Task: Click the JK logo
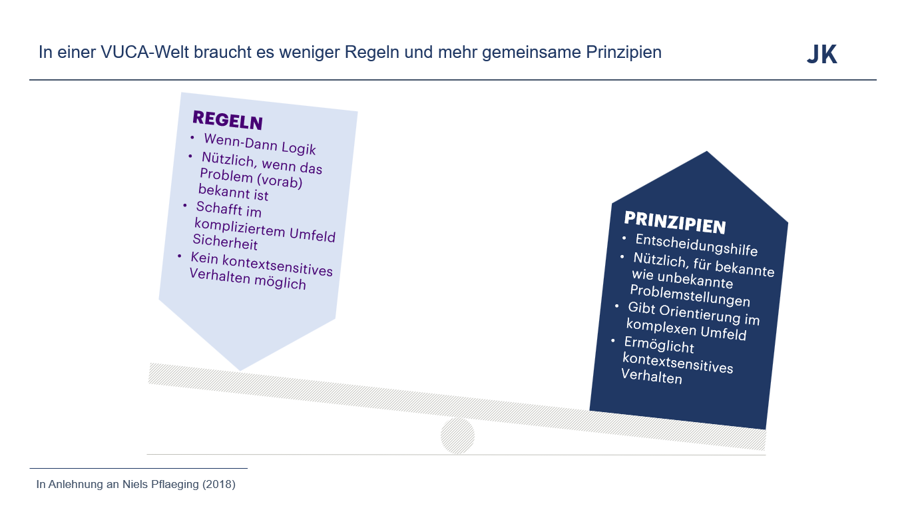[x=822, y=55]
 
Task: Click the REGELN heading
[x=228, y=121]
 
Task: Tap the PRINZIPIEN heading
[x=675, y=223]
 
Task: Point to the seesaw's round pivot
[x=457, y=436]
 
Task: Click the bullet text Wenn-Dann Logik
[x=260, y=144]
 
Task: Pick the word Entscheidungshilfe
[x=696, y=244]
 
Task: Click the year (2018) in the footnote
[x=219, y=485]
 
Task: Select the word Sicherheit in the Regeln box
[x=225, y=242]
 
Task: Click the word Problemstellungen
[x=690, y=296]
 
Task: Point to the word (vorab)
[x=280, y=180]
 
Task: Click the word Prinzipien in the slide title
[x=624, y=53]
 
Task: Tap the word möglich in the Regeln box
[x=280, y=282]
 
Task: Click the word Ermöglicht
[x=659, y=345]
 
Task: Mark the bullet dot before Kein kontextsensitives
[x=180, y=256]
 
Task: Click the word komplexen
[x=661, y=328]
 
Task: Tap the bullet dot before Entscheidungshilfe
[x=624, y=238]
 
